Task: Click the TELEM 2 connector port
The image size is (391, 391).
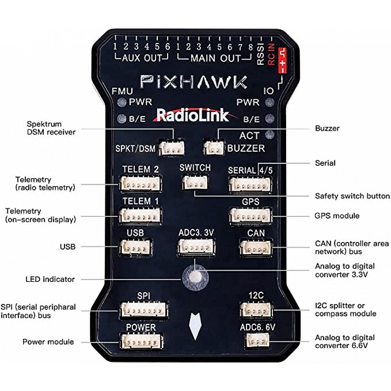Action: (x=140, y=184)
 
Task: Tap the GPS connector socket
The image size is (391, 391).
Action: (x=251, y=216)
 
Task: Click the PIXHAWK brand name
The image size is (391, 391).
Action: (x=194, y=82)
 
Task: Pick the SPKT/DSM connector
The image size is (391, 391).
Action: (x=172, y=148)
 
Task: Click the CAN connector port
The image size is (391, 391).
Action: (x=256, y=247)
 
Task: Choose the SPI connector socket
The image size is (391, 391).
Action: (x=144, y=310)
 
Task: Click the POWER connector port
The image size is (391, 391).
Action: (x=141, y=342)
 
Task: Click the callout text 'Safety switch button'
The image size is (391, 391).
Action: (x=352, y=196)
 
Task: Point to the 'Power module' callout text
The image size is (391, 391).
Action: (x=48, y=342)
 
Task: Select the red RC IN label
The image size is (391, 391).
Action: (x=272, y=54)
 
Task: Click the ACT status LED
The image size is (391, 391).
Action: (x=270, y=135)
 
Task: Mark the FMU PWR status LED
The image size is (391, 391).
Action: (x=122, y=102)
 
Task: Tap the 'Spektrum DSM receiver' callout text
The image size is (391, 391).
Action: (x=51, y=128)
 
